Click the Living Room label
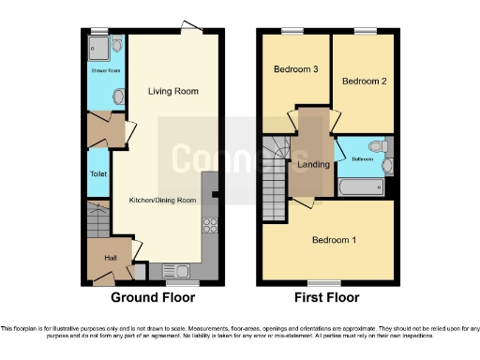173,91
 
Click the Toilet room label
97,174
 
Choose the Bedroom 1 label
334,239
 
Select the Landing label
313,165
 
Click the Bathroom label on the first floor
363,159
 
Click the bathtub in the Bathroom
361,188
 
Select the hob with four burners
210,225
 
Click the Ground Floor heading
153,298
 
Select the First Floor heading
327,298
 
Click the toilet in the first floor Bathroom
377,146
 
